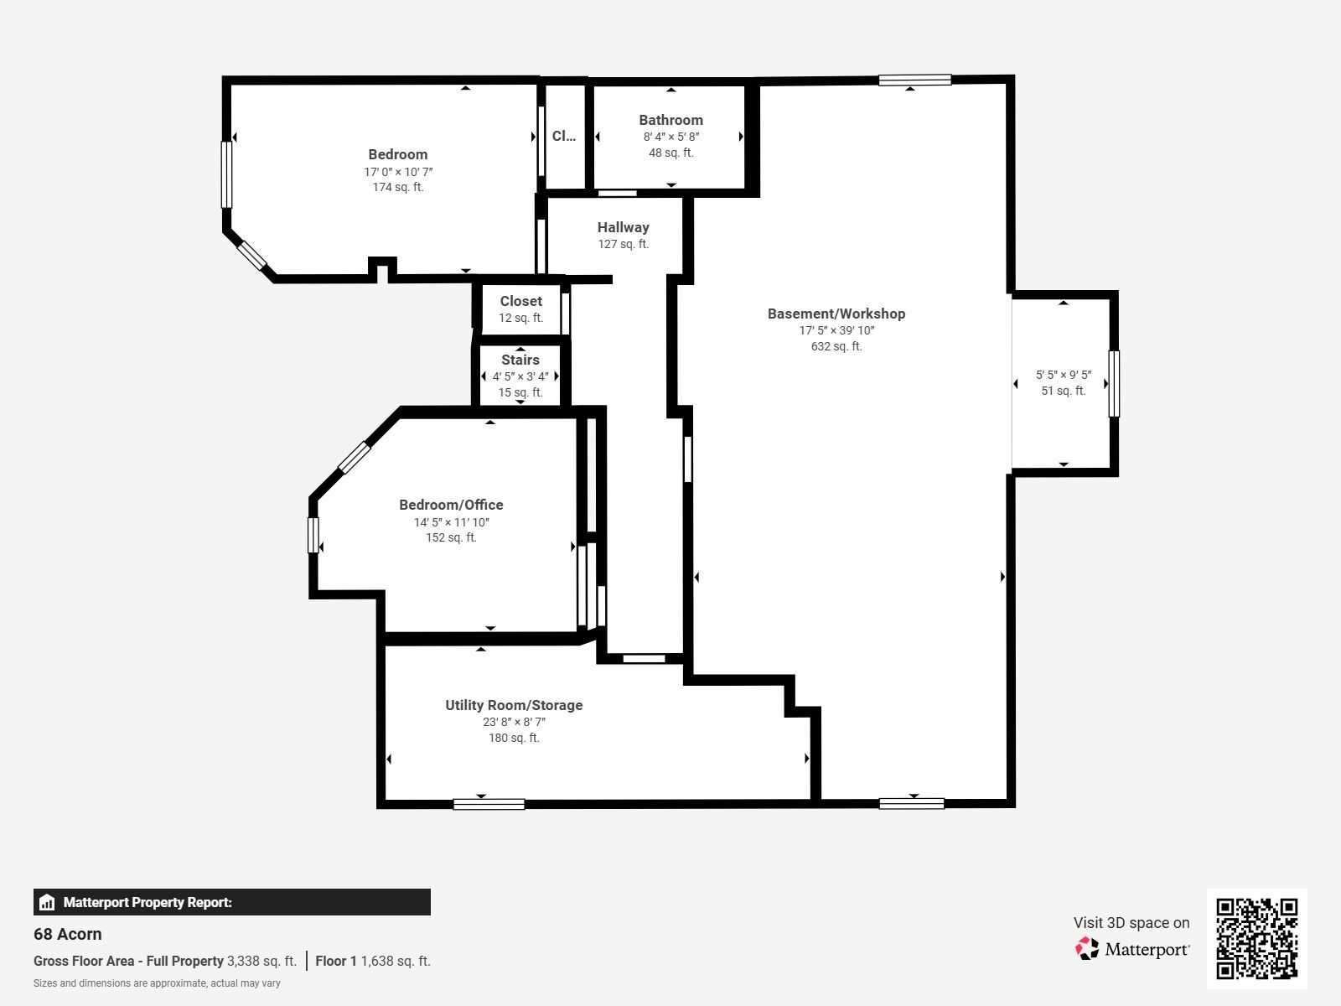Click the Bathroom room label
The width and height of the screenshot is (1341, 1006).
coord(670,120)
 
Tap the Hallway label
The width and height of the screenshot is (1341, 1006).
coord(624,227)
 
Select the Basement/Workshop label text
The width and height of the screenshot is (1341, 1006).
coord(836,314)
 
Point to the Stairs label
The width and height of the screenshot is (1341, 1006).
coord(520,360)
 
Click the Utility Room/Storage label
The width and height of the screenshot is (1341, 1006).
coord(514,705)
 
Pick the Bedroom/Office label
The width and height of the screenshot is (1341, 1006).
coord(451,505)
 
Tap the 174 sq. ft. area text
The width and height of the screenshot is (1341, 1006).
coord(398,187)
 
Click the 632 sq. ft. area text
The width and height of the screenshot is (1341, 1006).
coord(836,346)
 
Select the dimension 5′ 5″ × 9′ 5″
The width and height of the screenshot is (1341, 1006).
coord(1063,375)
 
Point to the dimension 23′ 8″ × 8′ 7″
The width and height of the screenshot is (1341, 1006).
coord(514,722)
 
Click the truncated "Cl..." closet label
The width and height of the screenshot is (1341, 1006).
coord(564,136)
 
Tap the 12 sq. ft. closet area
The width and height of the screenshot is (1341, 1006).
coord(520,318)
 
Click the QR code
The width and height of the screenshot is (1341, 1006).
coord(1256,938)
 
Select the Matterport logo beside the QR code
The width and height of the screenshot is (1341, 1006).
coord(1132,949)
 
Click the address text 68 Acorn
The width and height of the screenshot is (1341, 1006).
coord(68,934)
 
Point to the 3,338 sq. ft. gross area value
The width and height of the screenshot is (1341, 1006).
coord(261,961)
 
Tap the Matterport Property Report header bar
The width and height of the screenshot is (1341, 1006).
coord(231,902)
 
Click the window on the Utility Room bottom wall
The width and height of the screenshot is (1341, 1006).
coord(489,804)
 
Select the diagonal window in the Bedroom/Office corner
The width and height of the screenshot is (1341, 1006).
coord(355,458)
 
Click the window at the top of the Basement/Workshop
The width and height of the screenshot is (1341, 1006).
coord(914,80)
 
